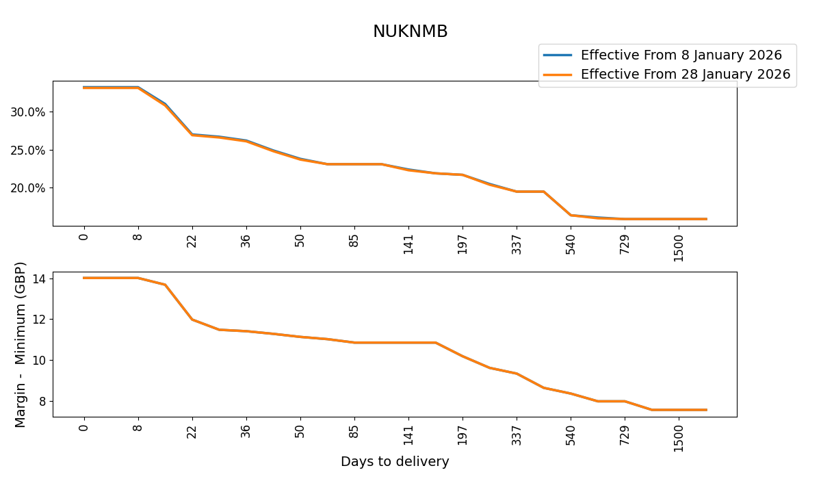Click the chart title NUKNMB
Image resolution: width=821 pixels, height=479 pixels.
coord(410,31)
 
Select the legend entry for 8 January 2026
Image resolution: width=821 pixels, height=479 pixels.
coord(681,55)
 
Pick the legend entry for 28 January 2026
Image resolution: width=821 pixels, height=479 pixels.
coord(685,74)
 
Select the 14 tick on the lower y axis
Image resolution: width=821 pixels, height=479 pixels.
coord(38,279)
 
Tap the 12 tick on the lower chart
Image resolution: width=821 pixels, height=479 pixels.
coord(38,320)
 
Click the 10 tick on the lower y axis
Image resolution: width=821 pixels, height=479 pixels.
coord(38,360)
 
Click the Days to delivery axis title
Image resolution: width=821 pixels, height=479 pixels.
coord(395,462)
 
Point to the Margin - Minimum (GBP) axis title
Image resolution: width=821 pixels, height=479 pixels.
coord(21,344)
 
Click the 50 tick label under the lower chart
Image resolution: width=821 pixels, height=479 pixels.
coord(300,432)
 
